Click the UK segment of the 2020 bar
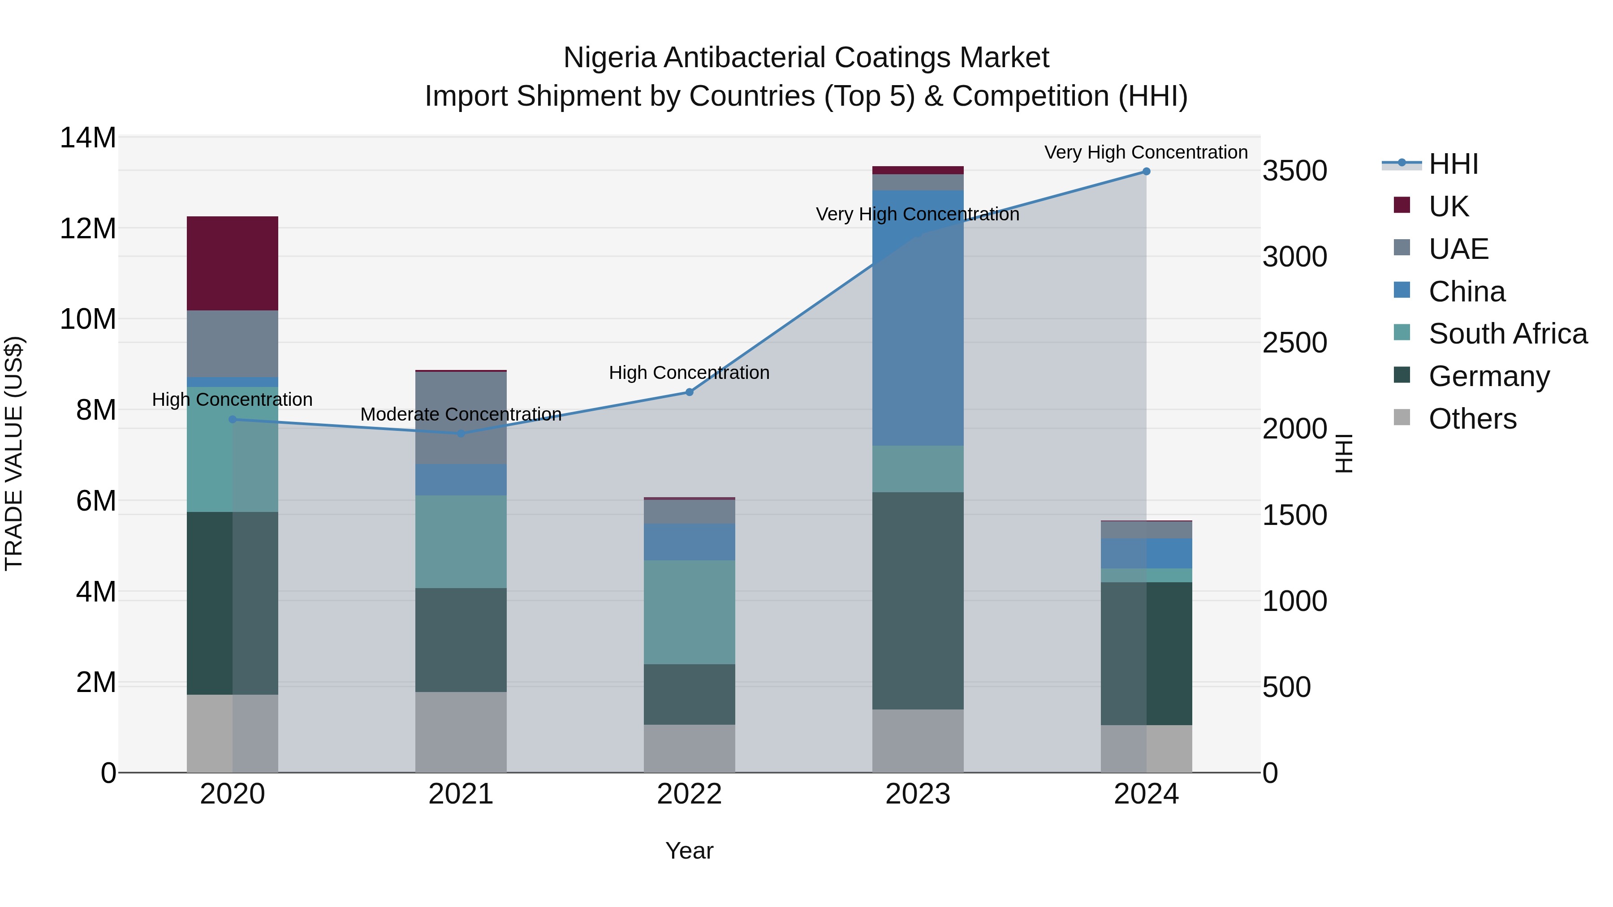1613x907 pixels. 232,263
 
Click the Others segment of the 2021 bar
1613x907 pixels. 461,732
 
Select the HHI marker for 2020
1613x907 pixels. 232,419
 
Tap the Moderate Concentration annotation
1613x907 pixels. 461,414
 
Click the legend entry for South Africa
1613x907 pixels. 1507,334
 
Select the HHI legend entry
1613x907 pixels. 1453,164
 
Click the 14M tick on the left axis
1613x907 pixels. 88,138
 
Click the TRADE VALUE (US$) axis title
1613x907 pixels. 14,453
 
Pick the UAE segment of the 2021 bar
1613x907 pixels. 461,417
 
